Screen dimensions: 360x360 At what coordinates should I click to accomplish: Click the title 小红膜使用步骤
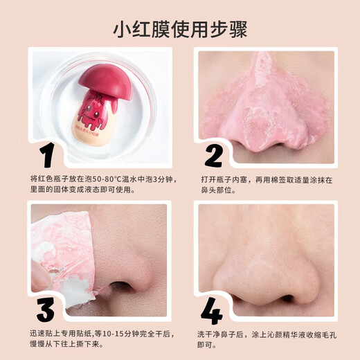pos(180,30)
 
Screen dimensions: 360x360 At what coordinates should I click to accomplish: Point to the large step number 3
pos(46,309)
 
